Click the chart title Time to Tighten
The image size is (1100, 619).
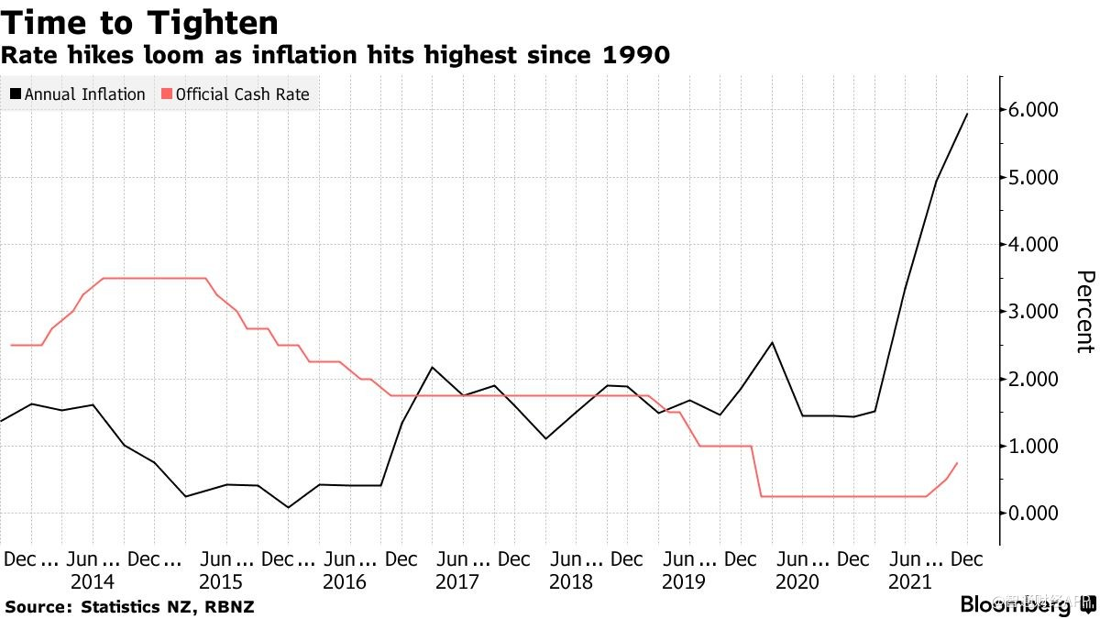coord(140,22)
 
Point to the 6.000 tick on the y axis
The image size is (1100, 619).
coord(1035,110)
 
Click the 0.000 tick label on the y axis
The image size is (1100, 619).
coord(1035,513)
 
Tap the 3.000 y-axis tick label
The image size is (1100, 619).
coord(1035,312)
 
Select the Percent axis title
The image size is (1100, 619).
coord(1084,312)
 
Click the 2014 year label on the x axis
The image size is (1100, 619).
coord(92,582)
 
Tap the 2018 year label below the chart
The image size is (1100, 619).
coord(570,582)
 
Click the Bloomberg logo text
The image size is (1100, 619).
coord(1015,604)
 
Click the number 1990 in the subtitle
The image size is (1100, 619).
coord(635,57)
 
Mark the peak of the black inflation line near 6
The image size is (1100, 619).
coord(967,114)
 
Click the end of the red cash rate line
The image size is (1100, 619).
coord(957,463)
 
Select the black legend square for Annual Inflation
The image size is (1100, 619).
coord(16,94)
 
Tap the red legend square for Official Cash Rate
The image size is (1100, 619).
coord(166,94)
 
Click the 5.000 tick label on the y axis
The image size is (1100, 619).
coord(1035,177)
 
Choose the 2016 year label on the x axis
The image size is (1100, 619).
coord(345,582)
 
